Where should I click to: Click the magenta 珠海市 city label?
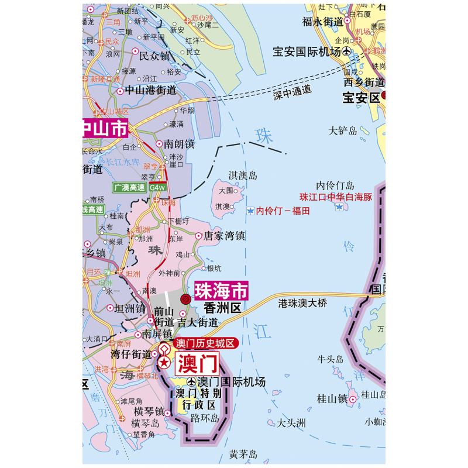(x=221, y=291)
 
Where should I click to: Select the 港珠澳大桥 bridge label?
(x=302, y=303)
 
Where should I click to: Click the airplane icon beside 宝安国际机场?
(x=347, y=52)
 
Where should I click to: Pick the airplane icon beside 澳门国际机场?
(x=191, y=382)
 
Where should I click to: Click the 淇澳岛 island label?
(x=242, y=175)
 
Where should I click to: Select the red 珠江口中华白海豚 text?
(x=335, y=197)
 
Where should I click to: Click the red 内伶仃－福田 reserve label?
(x=283, y=211)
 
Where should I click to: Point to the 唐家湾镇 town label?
(x=223, y=236)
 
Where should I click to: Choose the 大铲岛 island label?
(x=342, y=130)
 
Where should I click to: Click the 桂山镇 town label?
(x=332, y=398)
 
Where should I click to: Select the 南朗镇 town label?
(x=179, y=143)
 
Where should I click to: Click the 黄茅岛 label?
(x=243, y=453)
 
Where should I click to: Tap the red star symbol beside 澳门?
(x=165, y=363)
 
